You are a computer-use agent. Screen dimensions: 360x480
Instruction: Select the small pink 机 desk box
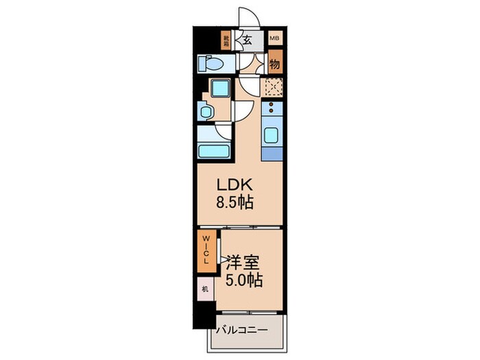[204, 289]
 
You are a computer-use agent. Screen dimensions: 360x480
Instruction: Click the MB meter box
[274, 39]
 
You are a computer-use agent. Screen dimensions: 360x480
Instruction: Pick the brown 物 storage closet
[274, 64]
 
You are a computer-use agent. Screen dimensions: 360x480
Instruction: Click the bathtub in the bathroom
[214, 151]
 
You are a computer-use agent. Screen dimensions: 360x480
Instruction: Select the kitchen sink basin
[272, 134]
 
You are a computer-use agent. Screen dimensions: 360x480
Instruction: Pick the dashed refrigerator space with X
[273, 87]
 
